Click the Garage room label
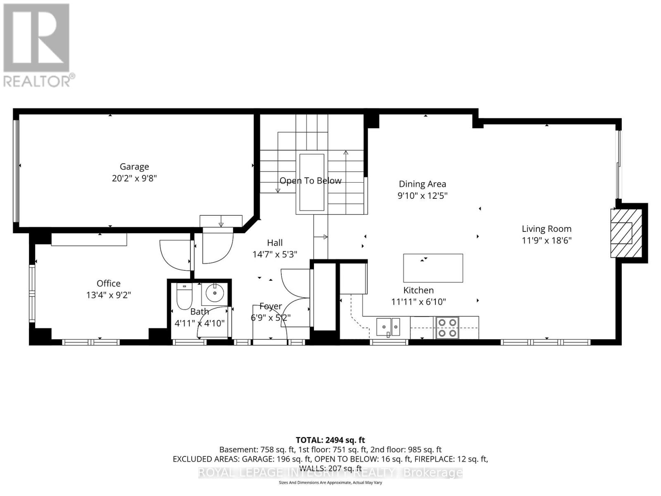[134, 167]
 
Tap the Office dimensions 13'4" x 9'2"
[109, 295]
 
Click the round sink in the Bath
[214, 293]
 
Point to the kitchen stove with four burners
[447, 327]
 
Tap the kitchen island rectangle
[433, 268]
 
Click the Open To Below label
[311, 181]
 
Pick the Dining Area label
[422, 184]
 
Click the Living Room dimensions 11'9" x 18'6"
[546, 241]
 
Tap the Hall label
[275, 243]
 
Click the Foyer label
[271, 306]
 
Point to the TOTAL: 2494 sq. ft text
[330, 440]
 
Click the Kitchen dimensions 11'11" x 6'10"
[418, 302]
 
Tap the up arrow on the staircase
[346, 154]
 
